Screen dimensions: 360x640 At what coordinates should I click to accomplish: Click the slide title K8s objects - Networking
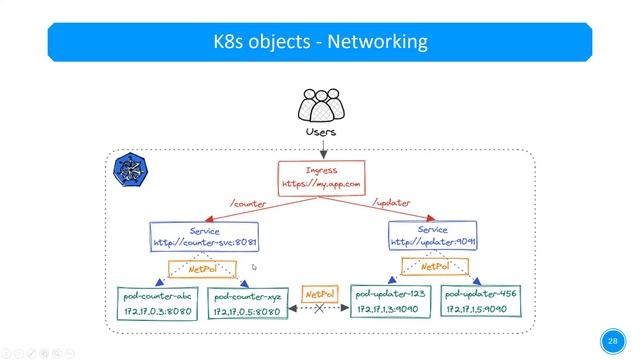(320, 42)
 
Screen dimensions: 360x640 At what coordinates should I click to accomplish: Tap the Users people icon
(320, 106)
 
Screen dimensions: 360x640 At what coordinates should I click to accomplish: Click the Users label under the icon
(320, 131)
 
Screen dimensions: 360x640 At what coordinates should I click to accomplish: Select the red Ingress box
(320, 177)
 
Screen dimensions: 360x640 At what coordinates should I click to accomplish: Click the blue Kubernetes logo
(130, 169)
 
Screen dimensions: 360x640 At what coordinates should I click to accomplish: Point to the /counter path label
(248, 203)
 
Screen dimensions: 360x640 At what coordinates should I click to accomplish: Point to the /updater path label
(392, 203)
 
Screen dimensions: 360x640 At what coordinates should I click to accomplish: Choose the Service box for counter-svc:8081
(205, 236)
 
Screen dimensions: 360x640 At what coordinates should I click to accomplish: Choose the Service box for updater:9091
(432, 236)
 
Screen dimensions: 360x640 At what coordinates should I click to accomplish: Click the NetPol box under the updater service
(435, 267)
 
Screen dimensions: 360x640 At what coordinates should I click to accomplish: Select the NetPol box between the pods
(319, 295)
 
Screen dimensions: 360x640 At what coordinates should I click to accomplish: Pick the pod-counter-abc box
(156, 303)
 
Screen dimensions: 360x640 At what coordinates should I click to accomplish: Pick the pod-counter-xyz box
(246, 303)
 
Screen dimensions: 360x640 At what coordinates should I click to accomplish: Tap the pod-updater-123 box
(389, 302)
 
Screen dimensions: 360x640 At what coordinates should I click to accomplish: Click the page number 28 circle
(611, 339)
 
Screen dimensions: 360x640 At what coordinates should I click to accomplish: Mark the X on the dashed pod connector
(319, 310)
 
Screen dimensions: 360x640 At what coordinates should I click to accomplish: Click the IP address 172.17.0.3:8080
(156, 312)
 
